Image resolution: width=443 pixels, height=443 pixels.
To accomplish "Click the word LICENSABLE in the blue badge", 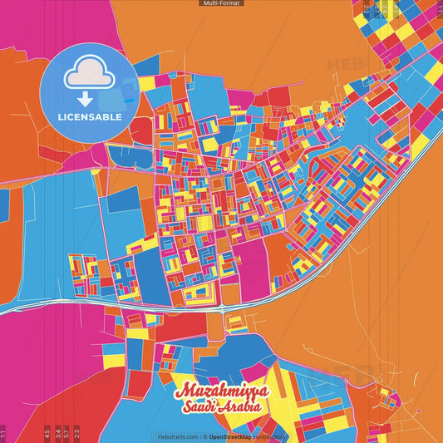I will (x=89, y=116).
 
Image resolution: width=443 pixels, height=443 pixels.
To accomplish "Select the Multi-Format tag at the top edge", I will (x=221, y=3).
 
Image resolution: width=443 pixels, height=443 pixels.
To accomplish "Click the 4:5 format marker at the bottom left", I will (x=47, y=433).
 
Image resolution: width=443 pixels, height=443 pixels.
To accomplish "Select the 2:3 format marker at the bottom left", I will (x=76, y=433).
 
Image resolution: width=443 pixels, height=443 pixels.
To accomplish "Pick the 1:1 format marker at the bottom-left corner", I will (x=3, y=433).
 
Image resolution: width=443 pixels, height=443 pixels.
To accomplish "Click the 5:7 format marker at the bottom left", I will (x=66, y=433).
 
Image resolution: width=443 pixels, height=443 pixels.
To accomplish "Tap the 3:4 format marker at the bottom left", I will (x=57, y=433).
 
